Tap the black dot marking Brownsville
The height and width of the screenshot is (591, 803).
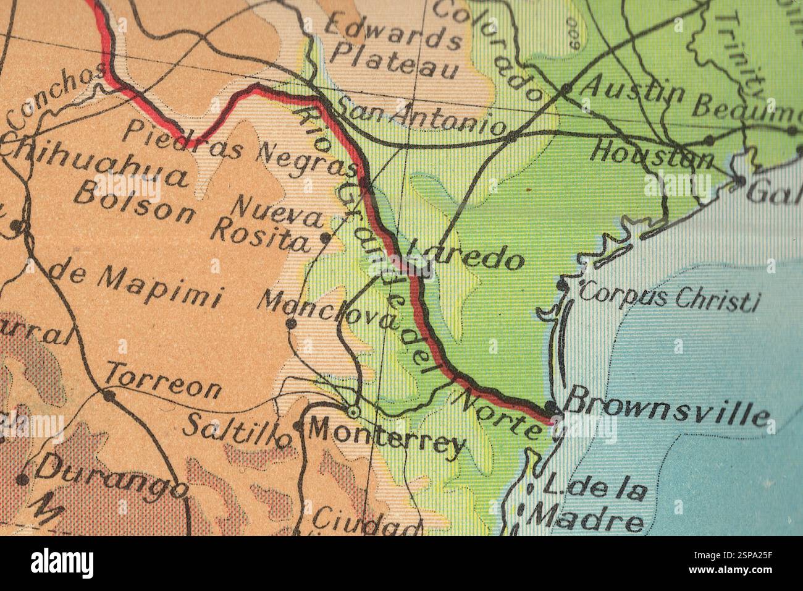(x=550, y=409)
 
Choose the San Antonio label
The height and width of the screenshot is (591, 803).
(x=420, y=117)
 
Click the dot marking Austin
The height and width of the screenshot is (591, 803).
(x=565, y=90)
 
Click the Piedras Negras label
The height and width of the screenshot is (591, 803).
(x=238, y=148)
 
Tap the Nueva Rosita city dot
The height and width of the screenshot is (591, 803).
(x=326, y=237)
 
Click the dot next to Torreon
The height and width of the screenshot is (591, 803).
(x=109, y=396)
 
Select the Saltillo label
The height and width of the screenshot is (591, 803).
(x=238, y=428)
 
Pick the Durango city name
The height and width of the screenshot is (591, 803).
(x=111, y=479)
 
